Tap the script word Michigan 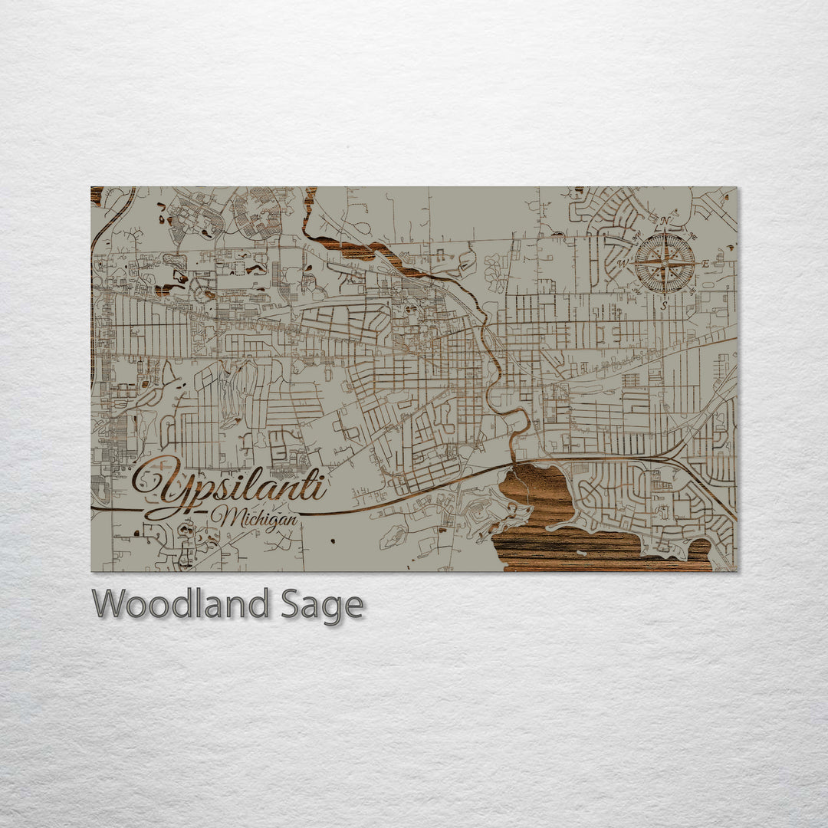click(x=258, y=518)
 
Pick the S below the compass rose click(x=664, y=304)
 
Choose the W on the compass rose click(x=623, y=263)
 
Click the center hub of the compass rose click(x=665, y=263)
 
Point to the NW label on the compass click(x=636, y=235)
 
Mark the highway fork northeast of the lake click(x=675, y=458)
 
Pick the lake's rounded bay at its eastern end click(x=698, y=550)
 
